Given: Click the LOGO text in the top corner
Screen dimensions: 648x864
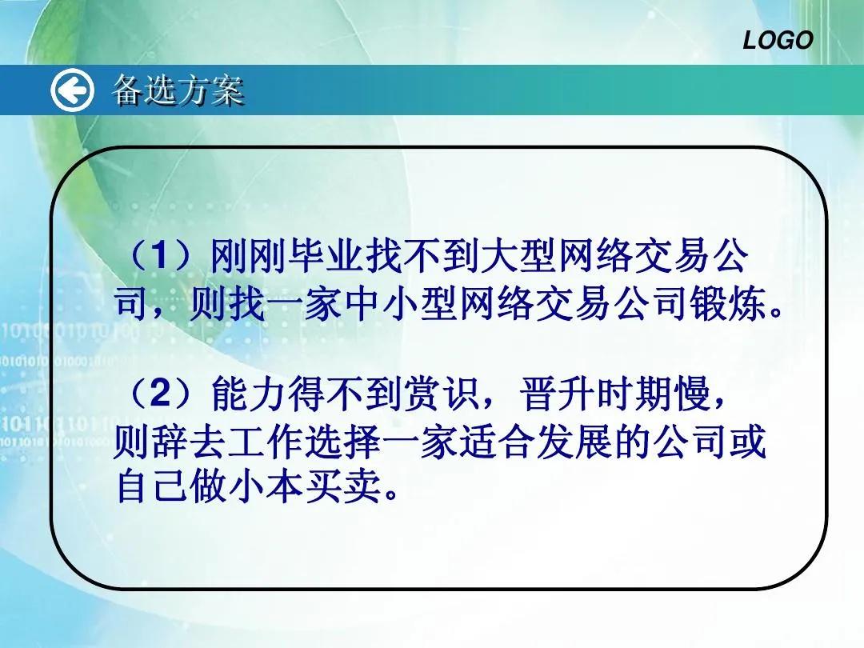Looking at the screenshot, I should pyautogui.click(x=778, y=40).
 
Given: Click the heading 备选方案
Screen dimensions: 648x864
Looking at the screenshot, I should pyautogui.click(x=178, y=90).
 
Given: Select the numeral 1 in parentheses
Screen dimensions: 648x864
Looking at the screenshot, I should pyautogui.click(x=158, y=257).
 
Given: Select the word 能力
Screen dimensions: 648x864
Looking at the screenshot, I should pyautogui.click(x=247, y=394).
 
